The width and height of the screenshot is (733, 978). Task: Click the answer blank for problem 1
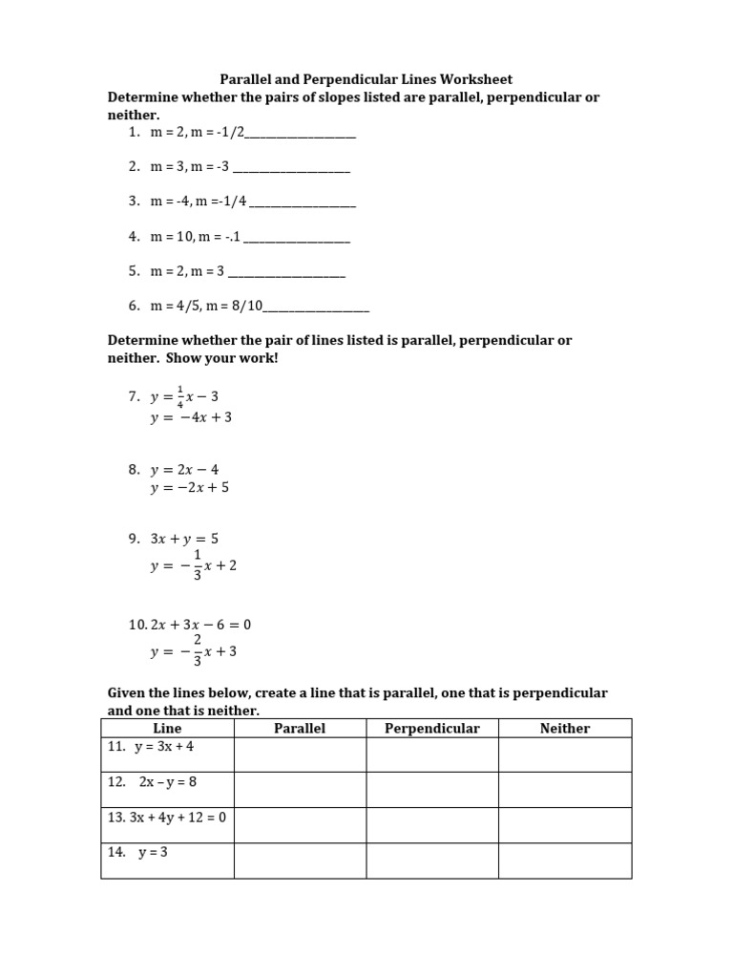pyautogui.click(x=300, y=136)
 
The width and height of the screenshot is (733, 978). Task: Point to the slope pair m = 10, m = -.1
pyautogui.click(x=196, y=236)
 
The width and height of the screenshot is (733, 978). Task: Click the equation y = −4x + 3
pyautogui.click(x=191, y=417)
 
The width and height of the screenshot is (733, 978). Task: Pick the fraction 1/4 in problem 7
pyautogui.click(x=179, y=395)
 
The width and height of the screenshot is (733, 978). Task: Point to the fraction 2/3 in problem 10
pyautogui.click(x=198, y=651)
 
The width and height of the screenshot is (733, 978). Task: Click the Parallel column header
pyautogui.click(x=300, y=729)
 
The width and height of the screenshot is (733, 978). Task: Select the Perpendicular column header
pyautogui.click(x=431, y=729)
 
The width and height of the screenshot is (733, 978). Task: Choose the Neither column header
pyautogui.click(x=564, y=729)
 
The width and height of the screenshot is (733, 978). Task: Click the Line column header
pyautogui.click(x=167, y=729)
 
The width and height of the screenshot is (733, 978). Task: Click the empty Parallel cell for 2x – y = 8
pyautogui.click(x=300, y=790)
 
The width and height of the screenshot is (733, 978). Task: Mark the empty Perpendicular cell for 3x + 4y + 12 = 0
pyautogui.click(x=431, y=825)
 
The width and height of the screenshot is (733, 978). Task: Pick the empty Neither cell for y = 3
pyautogui.click(x=564, y=861)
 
